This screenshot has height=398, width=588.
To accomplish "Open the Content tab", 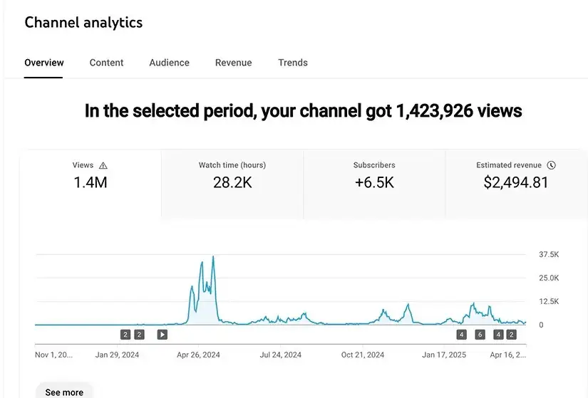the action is (x=106, y=63).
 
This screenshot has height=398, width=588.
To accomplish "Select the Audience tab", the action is (x=169, y=63).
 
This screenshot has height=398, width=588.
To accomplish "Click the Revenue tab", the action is (x=233, y=63).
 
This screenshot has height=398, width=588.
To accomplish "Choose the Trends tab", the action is (x=293, y=63).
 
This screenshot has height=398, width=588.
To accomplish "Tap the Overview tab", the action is (x=44, y=63).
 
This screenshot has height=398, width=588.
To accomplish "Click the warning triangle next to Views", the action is (x=103, y=165).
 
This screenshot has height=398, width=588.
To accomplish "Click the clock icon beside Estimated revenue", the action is (x=551, y=165).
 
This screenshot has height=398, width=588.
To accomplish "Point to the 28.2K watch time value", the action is (x=232, y=182).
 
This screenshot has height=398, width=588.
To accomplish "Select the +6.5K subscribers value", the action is (x=374, y=182).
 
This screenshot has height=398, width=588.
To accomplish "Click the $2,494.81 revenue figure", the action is (x=516, y=182).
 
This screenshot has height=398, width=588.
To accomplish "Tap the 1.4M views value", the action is (x=91, y=182).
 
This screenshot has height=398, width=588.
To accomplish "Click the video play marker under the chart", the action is (x=162, y=335).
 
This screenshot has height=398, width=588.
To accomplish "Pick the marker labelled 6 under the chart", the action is (x=480, y=335).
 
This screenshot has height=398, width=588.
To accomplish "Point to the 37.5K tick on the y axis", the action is (x=549, y=254).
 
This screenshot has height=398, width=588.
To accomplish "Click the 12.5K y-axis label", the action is (x=549, y=301).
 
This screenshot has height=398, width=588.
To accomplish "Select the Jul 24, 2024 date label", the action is (x=281, y=355).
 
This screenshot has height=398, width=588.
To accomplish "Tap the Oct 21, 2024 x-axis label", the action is (x=363, y=355).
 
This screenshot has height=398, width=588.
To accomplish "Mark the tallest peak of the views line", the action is (x=213, y=257).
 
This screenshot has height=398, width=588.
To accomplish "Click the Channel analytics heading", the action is (x=83, y=23).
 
